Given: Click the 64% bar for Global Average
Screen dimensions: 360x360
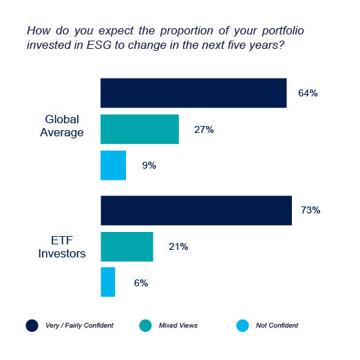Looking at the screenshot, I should coord(193,93).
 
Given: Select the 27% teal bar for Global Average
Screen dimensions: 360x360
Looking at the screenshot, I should coord(140,129).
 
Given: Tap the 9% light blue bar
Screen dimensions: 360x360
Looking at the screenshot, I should coord(113,165).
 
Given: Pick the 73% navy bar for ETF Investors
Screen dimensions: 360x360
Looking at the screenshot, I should coord(196,211).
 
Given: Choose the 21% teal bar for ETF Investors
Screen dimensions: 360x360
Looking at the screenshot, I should coord(127,246).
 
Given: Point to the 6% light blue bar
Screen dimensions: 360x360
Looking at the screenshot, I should coord(107,282).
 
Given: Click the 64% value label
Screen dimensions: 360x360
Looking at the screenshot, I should coord(308,93).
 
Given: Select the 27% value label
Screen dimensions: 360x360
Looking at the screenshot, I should coord(204,129).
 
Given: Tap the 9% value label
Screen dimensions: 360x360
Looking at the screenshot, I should coord(149,165).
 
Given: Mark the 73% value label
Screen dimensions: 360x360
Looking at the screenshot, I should coord(310,211).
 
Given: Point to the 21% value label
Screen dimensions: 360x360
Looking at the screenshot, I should coord(178,246).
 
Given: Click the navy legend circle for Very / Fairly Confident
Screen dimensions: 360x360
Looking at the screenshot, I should coord(32,325).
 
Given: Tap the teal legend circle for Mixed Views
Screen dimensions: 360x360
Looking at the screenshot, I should coord(145,325).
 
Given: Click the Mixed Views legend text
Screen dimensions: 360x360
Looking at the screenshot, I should coord(178,325).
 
